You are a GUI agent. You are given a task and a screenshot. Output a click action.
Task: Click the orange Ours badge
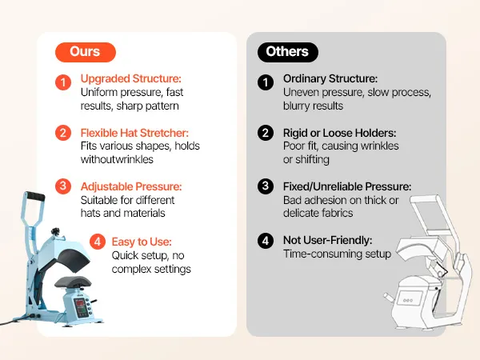point(86,52)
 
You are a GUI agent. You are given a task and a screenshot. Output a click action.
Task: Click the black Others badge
point(288,52)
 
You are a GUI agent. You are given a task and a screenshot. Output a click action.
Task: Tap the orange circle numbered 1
point(63,82)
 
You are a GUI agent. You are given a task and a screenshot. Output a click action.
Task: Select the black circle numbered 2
point(266,133)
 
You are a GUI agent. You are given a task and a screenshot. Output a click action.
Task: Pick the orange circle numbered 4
point(98,242)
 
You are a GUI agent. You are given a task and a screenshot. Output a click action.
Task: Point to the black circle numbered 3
point(266,186)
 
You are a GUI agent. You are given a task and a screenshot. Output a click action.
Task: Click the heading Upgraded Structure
point(131,78)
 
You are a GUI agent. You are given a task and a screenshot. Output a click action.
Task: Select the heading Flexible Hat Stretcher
point(134,133)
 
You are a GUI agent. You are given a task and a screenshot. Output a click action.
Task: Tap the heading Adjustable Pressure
point(131,186)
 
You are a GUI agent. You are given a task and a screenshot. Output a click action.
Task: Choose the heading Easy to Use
point(142,242)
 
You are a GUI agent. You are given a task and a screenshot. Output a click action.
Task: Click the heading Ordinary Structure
point(330,78)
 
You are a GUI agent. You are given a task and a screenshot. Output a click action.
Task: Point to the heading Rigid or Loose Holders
point(339,133)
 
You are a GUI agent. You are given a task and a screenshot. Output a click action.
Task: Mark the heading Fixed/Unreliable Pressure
point(347,186)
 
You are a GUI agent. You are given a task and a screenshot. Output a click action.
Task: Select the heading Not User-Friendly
point(327,240)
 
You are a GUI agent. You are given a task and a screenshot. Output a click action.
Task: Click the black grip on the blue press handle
point(34,196)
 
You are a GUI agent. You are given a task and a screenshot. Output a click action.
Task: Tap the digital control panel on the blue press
point(82,308)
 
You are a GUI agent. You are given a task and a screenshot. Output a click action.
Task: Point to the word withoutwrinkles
point(117,159)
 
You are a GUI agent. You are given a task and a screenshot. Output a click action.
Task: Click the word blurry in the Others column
point(296,106)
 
